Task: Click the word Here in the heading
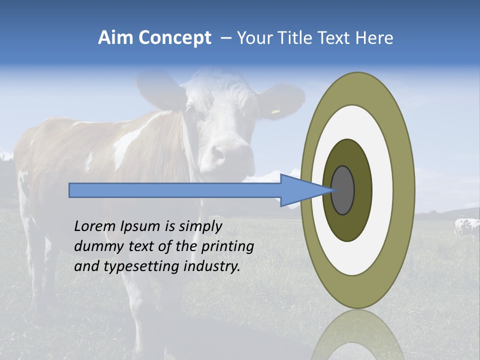[374, 38]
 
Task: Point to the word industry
[212, 266]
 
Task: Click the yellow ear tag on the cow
[275, 111]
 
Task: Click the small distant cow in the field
[466, 227]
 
